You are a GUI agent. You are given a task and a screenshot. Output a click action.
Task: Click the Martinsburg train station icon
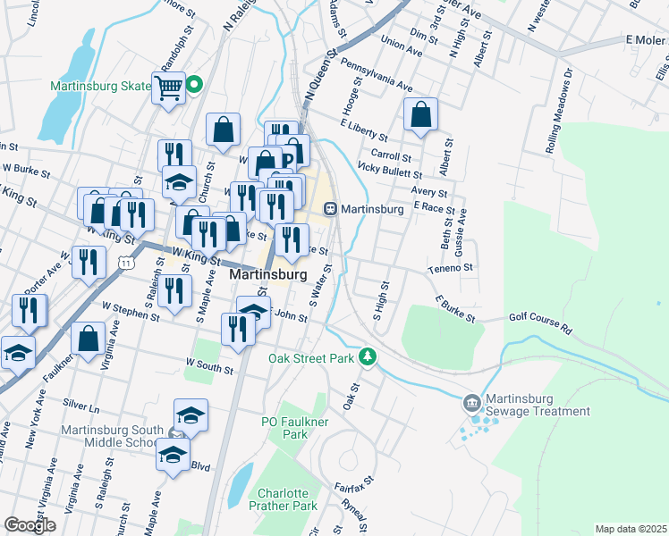point(330,209)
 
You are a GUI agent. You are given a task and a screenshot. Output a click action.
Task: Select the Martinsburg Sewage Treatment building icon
point(472,402)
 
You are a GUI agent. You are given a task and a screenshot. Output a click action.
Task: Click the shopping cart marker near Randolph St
point(167,88)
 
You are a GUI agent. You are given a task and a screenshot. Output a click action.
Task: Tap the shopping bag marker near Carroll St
point(420,114)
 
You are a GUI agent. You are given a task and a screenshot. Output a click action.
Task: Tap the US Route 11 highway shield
point(127,264)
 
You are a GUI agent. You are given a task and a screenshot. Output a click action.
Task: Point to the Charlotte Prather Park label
point(287,499)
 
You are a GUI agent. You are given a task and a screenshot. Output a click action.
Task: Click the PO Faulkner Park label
point(284,427)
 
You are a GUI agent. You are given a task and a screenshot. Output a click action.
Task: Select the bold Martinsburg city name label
point(269,275)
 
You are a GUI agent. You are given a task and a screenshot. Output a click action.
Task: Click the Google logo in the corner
point(30,525)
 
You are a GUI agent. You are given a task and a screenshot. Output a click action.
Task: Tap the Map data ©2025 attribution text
point(631,529)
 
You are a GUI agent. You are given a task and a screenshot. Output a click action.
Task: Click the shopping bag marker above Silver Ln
point(88,339)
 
